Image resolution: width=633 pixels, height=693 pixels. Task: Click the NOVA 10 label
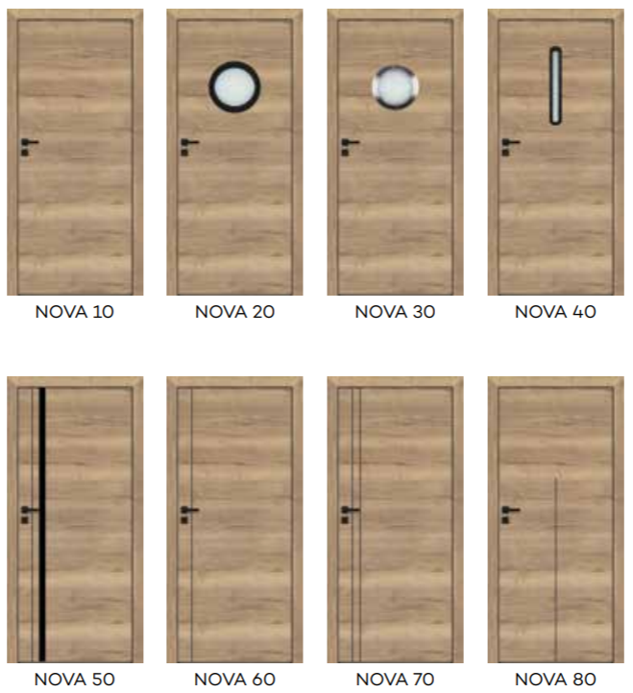(x=74, y=312)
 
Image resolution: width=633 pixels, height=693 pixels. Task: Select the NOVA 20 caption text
(x=235, y=312)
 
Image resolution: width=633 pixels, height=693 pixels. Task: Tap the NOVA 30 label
(x=395, y=312)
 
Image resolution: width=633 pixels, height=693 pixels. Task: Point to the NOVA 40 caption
(x=555, y=312)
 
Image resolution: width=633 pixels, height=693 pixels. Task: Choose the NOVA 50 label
(x=74, y=680)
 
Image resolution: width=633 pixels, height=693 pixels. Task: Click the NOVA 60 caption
(x=235, y=680)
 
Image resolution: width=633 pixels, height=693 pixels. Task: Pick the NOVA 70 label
(x=395, y=680)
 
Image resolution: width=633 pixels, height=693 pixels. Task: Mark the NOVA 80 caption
(x=555, y=680)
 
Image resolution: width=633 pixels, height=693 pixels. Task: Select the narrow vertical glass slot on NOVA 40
(x=555, y=85)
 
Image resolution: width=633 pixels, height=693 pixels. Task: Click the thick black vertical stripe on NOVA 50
(x=42, y=524)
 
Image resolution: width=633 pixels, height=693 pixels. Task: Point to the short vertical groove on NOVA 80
(x=555, y=569)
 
